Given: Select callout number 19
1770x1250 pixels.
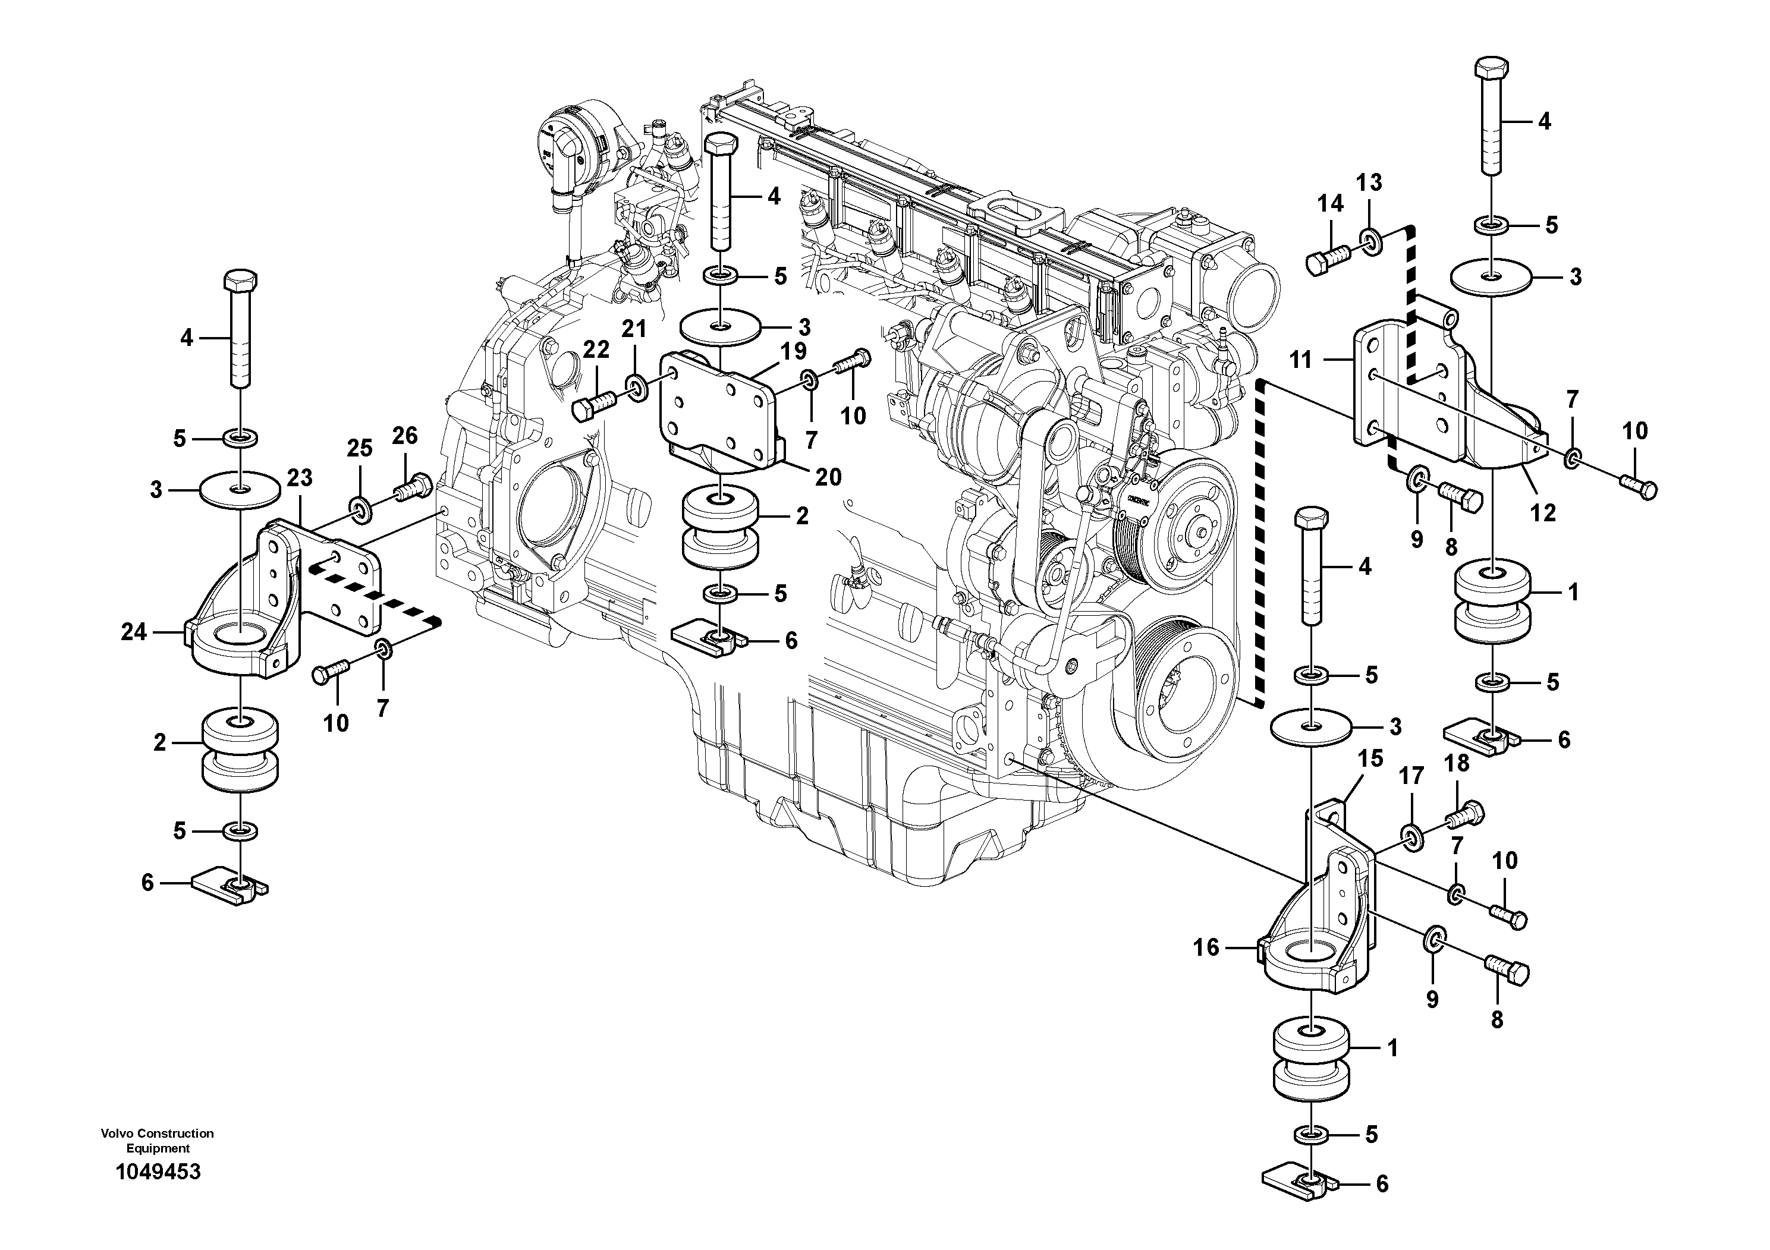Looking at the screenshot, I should point(793,351).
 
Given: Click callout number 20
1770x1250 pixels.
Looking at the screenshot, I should point(828,477).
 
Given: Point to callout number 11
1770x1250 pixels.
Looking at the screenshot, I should point(1300,359).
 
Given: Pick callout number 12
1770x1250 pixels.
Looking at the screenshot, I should point(1543,512).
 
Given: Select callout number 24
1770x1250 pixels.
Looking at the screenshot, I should point(133,632).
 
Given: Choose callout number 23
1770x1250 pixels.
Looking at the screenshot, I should point(299,478).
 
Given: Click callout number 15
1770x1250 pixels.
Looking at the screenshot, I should point(1370,758).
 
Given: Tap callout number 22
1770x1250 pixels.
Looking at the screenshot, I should point(596,350).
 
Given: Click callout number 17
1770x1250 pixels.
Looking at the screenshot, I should point(1411,777).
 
